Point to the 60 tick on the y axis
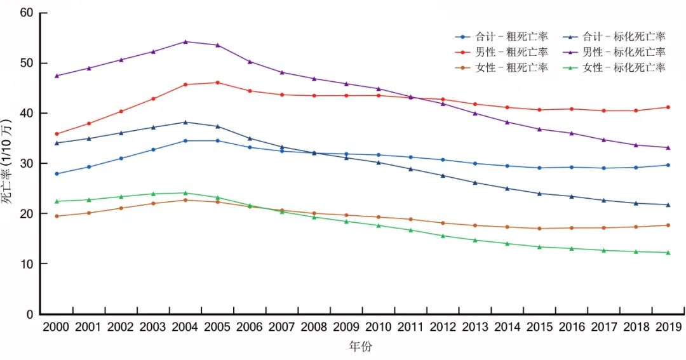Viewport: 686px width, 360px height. coord(26,13)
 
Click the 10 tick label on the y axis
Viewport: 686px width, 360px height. coord(26,263)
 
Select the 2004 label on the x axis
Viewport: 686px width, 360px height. coord(185,327)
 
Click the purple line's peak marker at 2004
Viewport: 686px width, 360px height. coord(185,42)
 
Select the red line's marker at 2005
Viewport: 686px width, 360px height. coord(217,83)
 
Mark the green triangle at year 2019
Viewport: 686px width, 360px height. coord(666,253)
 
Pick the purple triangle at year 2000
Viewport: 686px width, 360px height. coord(57,76)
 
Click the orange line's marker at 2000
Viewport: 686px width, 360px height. coord(57,217)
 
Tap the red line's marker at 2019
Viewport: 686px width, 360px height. coord(666,107)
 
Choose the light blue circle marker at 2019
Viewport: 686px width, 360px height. coord(666,165)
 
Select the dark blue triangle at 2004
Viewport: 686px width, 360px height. coord(185,122)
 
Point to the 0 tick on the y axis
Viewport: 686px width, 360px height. coord(29,314)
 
